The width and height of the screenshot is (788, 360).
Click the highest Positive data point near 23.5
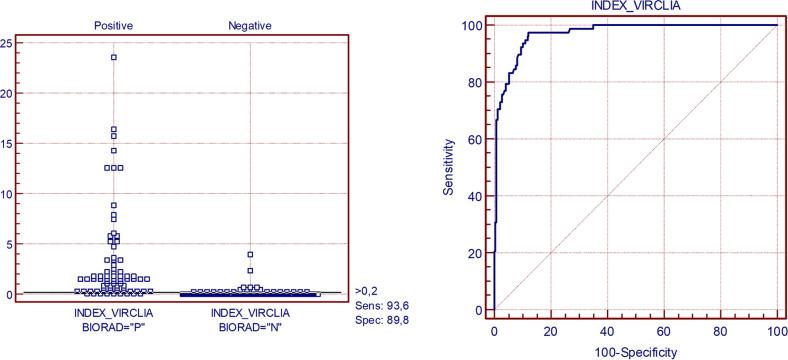pos(114,57)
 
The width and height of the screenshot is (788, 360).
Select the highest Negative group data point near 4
pos(251,254)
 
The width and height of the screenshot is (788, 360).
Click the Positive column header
pos(114,22)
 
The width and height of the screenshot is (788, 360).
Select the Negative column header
pos(251,22)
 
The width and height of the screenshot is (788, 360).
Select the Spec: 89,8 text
pos(376,324)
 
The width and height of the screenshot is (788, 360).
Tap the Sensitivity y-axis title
pos(453,166)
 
